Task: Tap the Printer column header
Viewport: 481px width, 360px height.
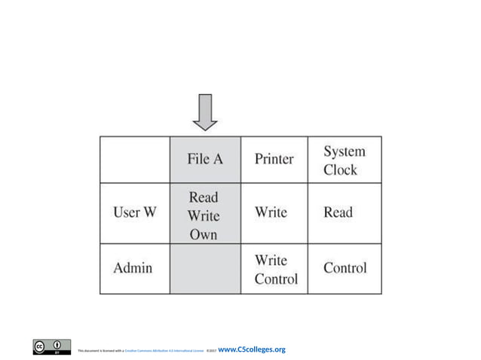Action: pos(274,160)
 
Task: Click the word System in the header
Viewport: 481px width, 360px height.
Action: pos(344,151)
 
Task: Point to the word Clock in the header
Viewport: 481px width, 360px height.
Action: pos(341,169)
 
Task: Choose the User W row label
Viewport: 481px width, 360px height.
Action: pos(135,212)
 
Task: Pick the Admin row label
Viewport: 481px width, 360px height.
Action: pos(133,267)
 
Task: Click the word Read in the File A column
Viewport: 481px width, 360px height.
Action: pos(204,197)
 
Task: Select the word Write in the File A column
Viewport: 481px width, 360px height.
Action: pos(204,216)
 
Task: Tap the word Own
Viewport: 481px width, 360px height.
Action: pos(204,234)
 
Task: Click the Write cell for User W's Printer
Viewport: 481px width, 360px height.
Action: pos(271,212)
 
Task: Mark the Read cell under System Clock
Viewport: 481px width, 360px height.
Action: pos(338,212)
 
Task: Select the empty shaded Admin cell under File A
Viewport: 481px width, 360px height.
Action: pos(205,268)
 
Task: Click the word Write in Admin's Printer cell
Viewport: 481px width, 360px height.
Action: pos(271,260)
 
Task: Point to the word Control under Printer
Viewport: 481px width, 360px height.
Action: pos(276,279)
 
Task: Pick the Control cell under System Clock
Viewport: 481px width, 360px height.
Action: pos(345,267)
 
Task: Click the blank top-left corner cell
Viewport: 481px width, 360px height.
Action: pos(135,159)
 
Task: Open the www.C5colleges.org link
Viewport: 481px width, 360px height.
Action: pos(251,349)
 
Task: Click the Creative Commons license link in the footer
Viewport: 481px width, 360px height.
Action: pos(164,351)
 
